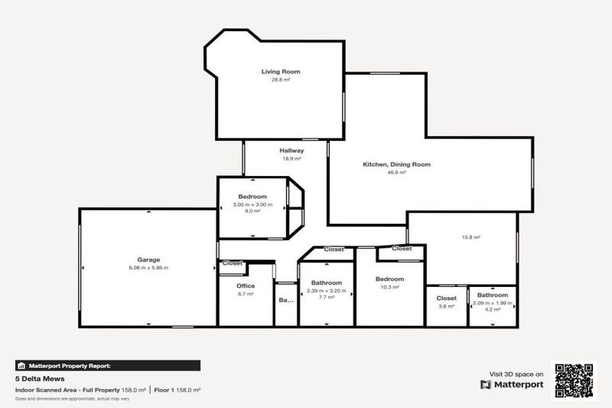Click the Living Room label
[x=280, y=72]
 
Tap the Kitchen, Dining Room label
[x=397, y=164]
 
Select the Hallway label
[x=291, y=151]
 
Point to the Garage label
[x=148, y=260]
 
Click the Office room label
[x=245, y=286]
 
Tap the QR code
[x=574, y=381]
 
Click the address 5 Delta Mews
[x=39, y=379]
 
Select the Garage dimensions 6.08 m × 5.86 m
[x=148, y=268]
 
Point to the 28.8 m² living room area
[x=280, y=80]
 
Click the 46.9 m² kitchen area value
[x=397, y=172]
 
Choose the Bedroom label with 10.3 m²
[x=390, y=279]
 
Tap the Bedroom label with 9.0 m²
[x=253, y=197]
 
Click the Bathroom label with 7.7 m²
[x=327, y=283]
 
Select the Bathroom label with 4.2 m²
[x=492, y=296]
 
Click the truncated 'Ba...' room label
[x=285, y=300]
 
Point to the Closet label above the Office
[x=233, y=263]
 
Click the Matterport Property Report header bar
[x=108, y=366]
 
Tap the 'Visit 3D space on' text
[x=516, y=374]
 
